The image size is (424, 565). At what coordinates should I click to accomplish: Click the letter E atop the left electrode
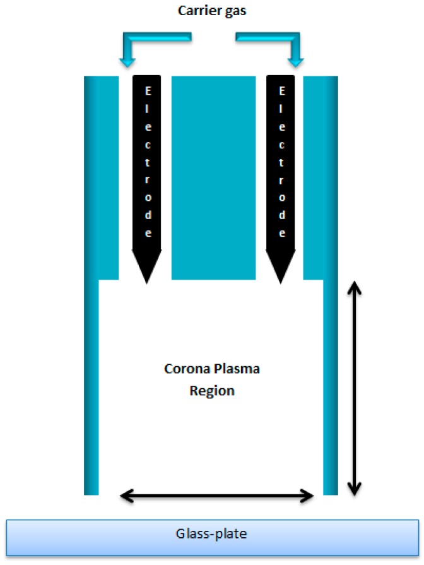148,91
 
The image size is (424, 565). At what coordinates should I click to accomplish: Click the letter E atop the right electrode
281,91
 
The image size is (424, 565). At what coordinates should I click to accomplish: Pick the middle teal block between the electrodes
213,177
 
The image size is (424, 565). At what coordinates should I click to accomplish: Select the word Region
212,391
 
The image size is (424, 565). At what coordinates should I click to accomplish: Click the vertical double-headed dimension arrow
355,388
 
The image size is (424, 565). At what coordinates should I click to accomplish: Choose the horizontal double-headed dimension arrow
217,496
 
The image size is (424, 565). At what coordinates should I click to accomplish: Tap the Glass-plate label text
212,534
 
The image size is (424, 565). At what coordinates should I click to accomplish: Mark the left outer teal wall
92,284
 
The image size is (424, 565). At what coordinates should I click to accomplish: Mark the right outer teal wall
331,284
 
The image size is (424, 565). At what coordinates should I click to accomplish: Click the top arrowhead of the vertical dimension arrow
355,288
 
